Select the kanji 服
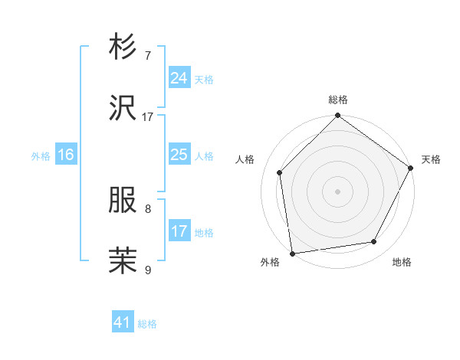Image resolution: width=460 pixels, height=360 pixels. tap(124, 201)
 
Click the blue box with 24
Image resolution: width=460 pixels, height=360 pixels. tap(179, 78)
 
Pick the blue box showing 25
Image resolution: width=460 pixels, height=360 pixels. tap(179, 155)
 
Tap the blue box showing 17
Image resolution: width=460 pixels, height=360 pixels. tap(179, 231)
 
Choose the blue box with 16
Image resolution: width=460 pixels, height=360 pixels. tap(66, 155)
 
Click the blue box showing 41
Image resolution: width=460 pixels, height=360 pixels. tap(123, 323)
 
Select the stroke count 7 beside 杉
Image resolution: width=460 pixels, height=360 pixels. tap(148, 56)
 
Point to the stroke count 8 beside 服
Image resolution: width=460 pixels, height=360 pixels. tap(148, 208)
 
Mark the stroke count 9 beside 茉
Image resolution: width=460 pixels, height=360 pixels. tap(148, 270)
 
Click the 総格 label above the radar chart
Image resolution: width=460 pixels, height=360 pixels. tap(338, 100)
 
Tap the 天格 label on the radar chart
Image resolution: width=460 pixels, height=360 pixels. tap(431, 159)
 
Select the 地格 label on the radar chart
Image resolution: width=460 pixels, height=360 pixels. tap(402, 263)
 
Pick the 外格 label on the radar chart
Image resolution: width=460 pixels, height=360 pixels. tap(270, 263)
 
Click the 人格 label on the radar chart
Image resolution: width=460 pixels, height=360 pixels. tap(245, 159)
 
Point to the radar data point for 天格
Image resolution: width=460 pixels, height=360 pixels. tap(411, 169)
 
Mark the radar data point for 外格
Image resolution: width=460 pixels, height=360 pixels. tap(292, 253)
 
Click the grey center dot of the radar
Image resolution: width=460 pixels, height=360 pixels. tap(338, 191)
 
